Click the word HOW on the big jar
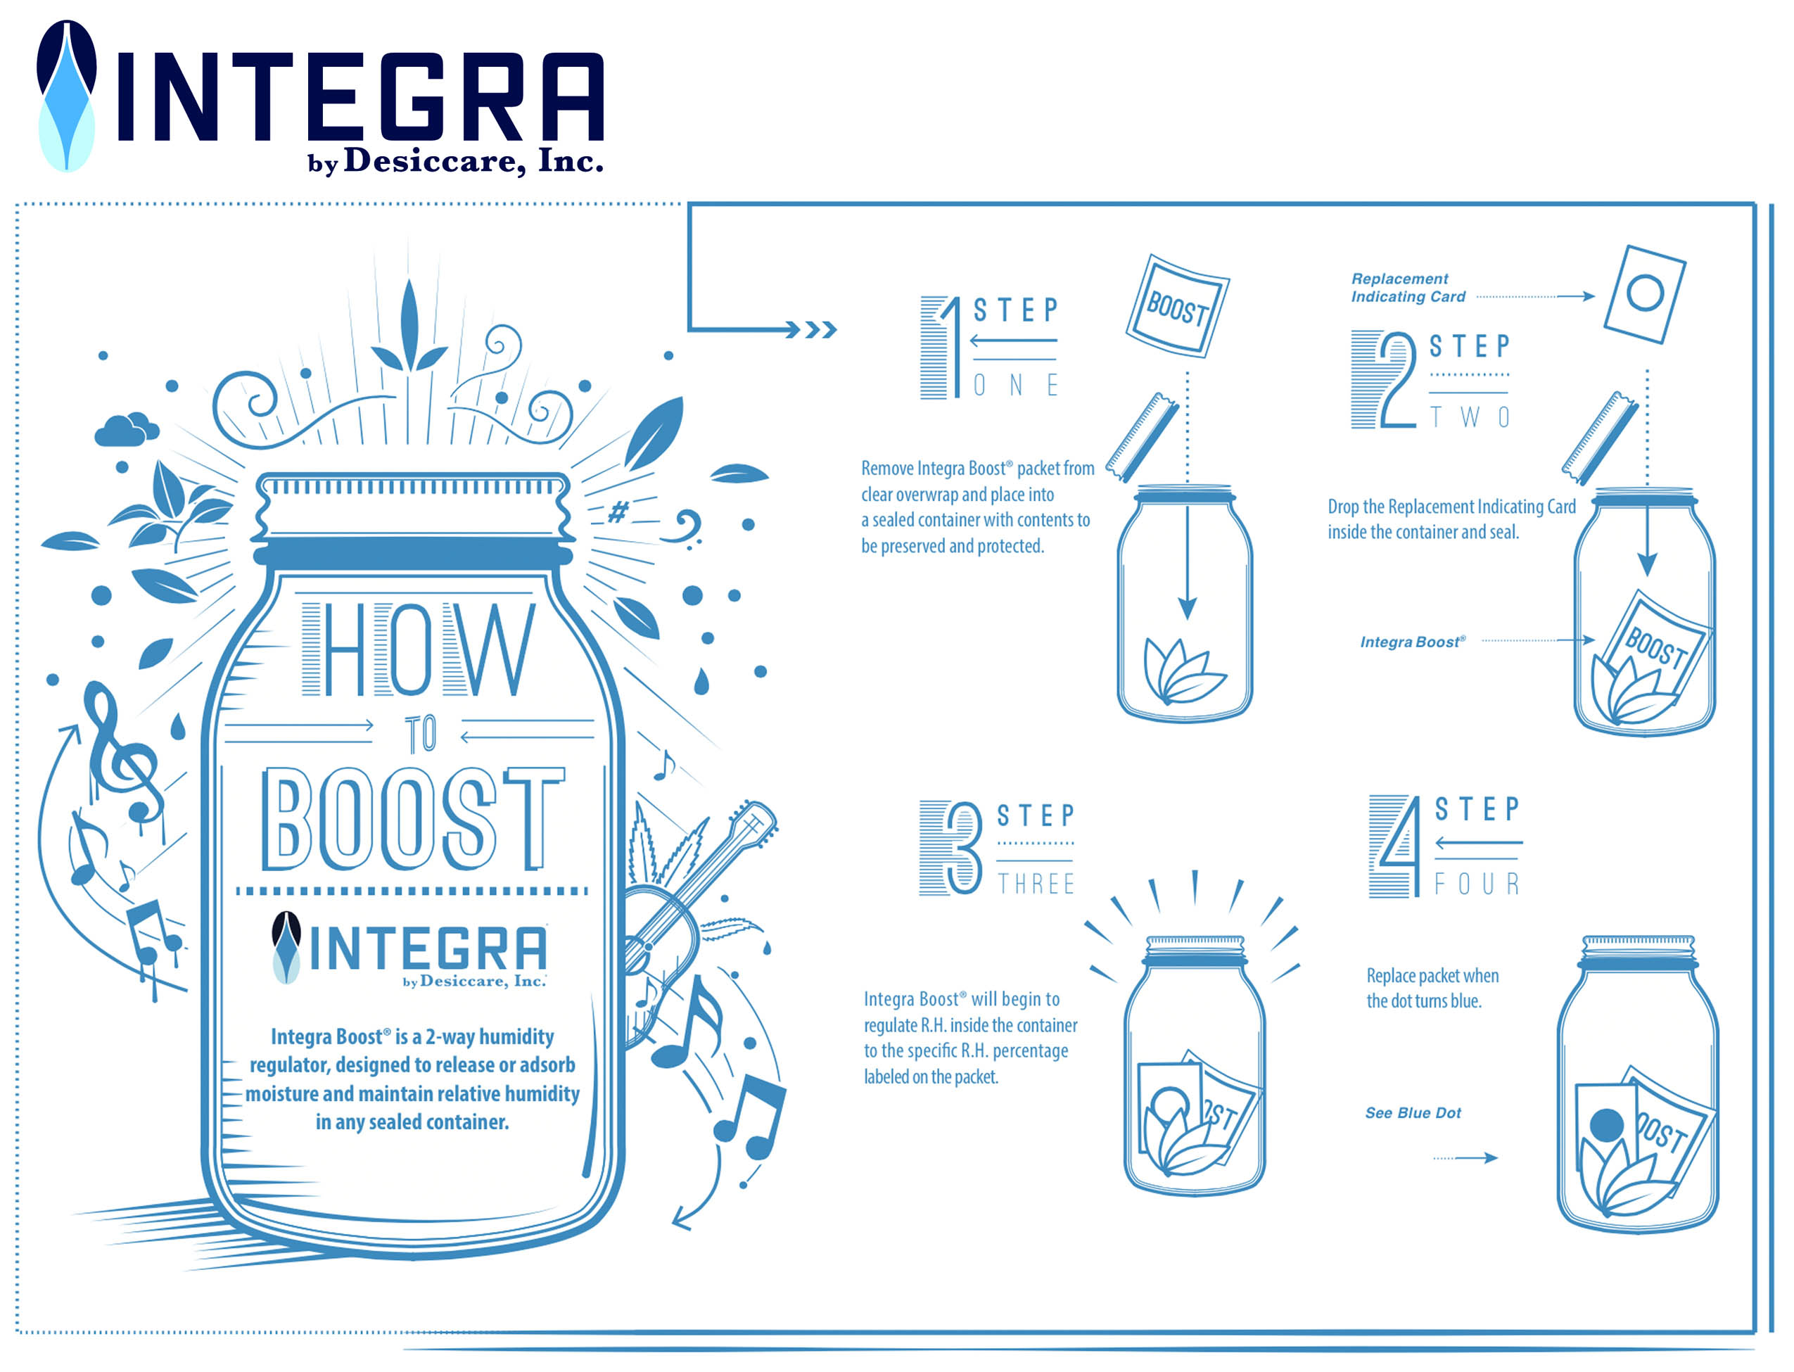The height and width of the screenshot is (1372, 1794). coord(419,650)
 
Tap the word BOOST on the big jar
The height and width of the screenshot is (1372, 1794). coord(413,818)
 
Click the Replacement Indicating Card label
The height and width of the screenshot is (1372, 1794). coord(1408,288)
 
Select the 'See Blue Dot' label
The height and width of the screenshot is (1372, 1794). coord(1413,1113)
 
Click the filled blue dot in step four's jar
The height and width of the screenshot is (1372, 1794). coord(1607,1125)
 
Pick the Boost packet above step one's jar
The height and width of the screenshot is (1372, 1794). coord(1177,306)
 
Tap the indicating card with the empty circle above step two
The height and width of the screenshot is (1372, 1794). coord(1645,294)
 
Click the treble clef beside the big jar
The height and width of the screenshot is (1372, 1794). coord(122,751)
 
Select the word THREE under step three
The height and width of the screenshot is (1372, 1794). coord(1036,884)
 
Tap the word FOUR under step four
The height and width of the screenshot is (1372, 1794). coord(1477,884)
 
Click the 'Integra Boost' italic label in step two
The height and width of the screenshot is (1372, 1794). coord(1413,642)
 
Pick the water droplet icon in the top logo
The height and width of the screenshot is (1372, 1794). coord(67,96)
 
